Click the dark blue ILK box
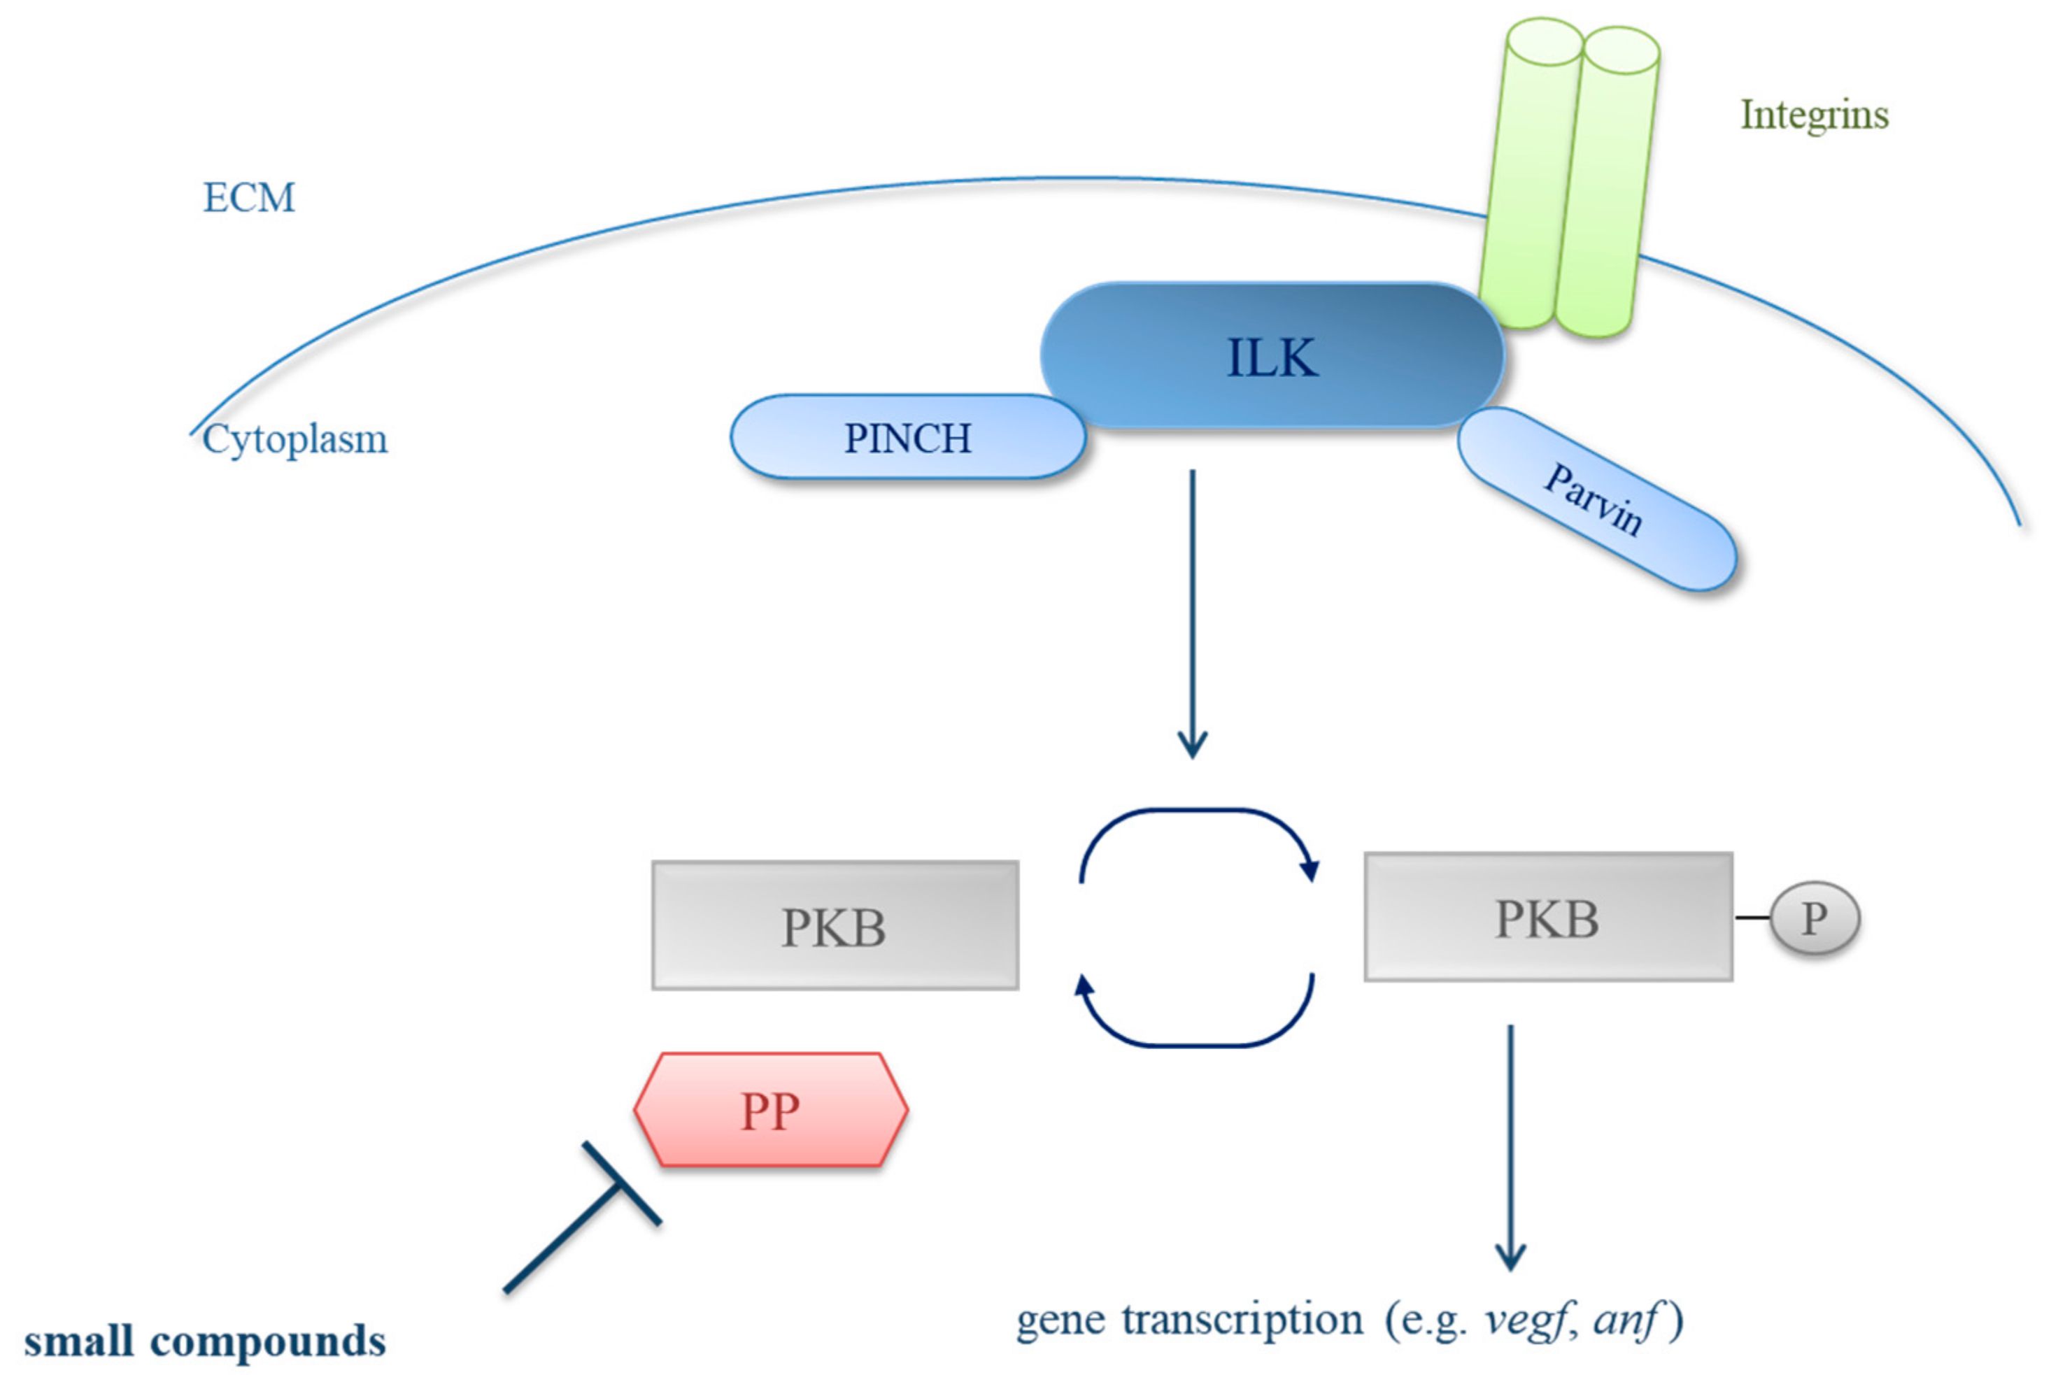1272,356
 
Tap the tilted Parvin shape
1596,500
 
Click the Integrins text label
1813,115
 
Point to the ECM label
249,197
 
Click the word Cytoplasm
294,439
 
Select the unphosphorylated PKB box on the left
834,926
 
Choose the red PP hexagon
770,1110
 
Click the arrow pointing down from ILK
1192,614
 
